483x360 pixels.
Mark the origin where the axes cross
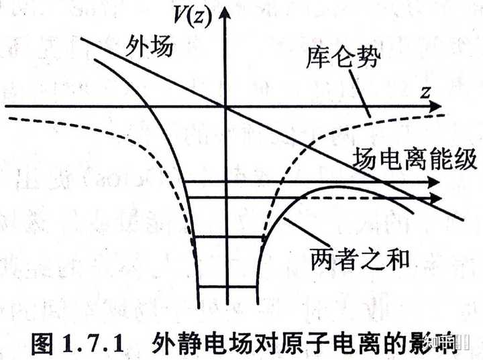coord(227,107)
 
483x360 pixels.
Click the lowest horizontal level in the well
coord(227,287)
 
